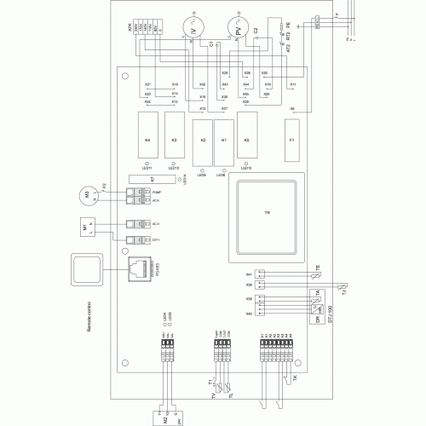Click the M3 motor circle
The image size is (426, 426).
[87, 195]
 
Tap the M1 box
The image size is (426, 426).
[86, 230]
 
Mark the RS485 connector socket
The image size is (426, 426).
[141, 270]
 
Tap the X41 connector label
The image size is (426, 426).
[250, 274]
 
